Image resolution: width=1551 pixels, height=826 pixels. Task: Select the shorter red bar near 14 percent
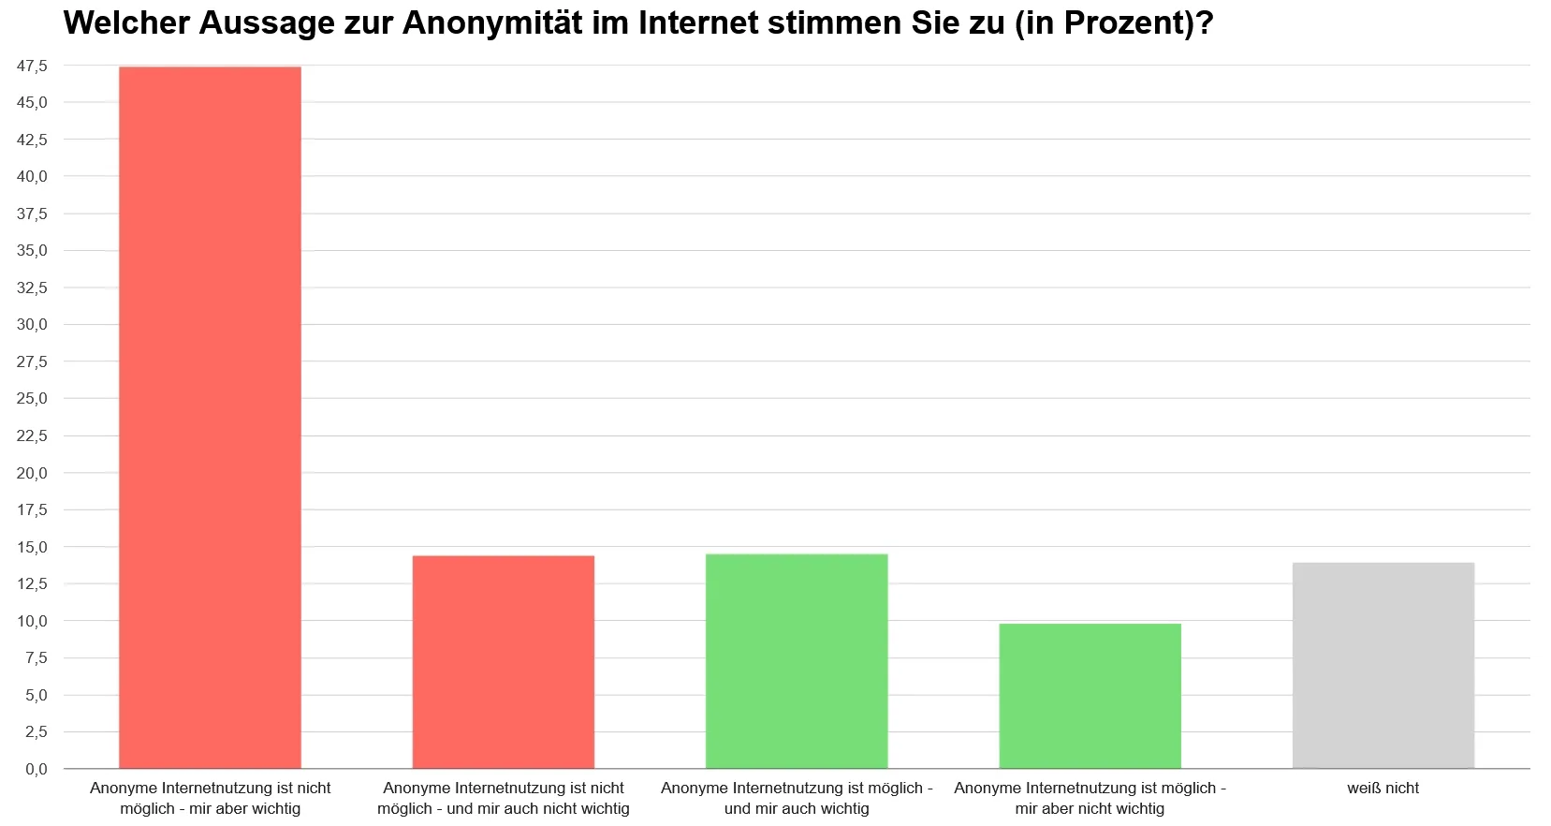[x=504, y=662]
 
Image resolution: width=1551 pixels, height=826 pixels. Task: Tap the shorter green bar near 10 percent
[x=1090, y=696]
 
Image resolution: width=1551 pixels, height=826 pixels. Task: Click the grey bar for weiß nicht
[x=1383, y=666]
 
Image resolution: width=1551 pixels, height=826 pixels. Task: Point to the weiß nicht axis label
[x=1383, y=789]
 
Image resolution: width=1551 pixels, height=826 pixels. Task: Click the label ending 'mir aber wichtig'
[x=210, y=799]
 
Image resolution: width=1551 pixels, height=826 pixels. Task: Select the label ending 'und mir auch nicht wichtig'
[x=504, y=799]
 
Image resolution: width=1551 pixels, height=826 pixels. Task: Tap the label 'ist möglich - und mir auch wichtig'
[x=797, y=799]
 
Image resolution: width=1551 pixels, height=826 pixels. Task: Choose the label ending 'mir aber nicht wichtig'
[x=1090, y=799]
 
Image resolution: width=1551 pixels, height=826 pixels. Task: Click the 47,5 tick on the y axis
[x=32, y=66]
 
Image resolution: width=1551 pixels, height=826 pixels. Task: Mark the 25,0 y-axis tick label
[x=32, y=399]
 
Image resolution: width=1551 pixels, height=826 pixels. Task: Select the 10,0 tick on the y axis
[x=32, y=621]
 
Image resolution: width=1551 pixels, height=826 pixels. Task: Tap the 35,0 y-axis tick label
[x=32, y=251]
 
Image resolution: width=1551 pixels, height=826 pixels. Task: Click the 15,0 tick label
[x=32, y=547]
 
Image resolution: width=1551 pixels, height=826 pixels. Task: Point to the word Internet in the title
[x=698, y=23]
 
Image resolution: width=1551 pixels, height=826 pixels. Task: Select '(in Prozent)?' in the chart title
[x=1114, y=23]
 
